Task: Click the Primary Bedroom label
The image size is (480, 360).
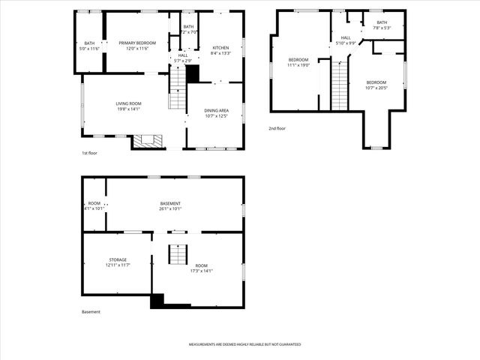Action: pos(136,43)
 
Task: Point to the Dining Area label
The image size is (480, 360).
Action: pos(217,110)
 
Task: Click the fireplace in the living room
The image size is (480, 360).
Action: pos(148,140)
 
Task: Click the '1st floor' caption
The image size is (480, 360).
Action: pos(89,153)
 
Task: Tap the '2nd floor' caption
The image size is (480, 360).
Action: pos(277,128)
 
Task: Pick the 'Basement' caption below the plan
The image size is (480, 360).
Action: pos(91,312)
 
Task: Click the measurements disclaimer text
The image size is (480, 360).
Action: pos(244,344)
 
